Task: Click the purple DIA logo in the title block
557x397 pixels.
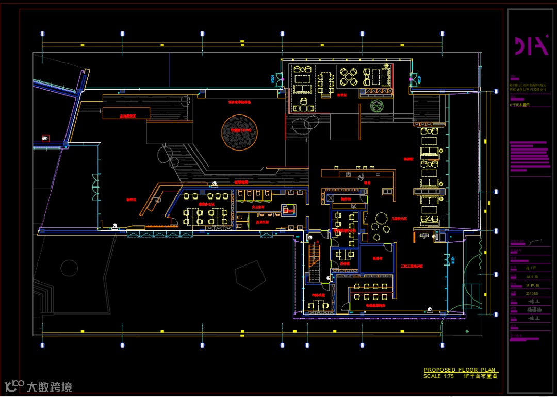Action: click(531, 45)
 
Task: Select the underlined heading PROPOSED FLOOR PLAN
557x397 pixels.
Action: click(459, 370)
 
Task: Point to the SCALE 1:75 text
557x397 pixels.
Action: click(438, 376)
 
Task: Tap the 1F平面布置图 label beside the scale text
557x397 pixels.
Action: click(480, 376)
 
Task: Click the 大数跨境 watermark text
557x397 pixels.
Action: click(49, 386)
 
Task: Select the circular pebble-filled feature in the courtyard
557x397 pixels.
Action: click(239, 133)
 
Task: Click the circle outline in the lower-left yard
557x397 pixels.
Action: click(69, 267)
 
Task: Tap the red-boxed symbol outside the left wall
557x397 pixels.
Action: click(45, 138)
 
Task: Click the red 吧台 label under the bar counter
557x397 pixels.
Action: click(367, 182)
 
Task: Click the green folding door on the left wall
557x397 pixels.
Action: click(95, 187)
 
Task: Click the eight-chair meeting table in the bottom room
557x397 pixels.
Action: click(371, 293)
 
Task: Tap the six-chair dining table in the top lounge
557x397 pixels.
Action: click(325, 81)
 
